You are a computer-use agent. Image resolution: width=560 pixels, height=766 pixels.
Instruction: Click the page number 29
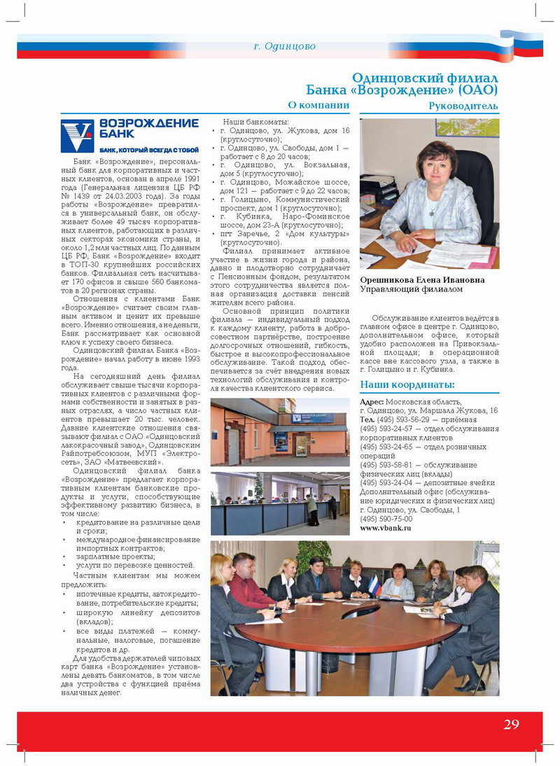tap(511, 724)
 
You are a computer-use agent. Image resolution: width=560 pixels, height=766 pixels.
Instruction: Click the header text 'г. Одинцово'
tap(284, 46)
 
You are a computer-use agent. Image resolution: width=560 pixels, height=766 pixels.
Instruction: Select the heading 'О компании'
tap(318, 105)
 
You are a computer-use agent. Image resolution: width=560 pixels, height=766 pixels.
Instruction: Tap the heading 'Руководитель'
tap(463, 106)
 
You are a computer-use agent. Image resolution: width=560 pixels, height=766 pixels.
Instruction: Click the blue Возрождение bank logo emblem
tap(76, 136)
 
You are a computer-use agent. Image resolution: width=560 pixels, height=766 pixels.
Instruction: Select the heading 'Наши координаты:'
tap(407, 384)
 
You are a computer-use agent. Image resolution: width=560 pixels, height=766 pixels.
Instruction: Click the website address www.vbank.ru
tap(386, 528)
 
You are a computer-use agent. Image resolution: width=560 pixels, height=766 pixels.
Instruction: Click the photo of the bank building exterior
tap(280, 432)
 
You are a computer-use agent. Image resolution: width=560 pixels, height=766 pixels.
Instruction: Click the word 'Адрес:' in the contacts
tap(371, 401)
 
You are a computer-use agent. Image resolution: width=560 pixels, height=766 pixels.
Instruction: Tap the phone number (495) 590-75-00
tap(386, 519)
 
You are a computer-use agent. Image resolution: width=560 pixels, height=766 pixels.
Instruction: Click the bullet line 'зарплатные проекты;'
tap(117, 556)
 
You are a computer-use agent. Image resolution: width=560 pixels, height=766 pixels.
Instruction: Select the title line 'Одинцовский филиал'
tap(424, 78)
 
